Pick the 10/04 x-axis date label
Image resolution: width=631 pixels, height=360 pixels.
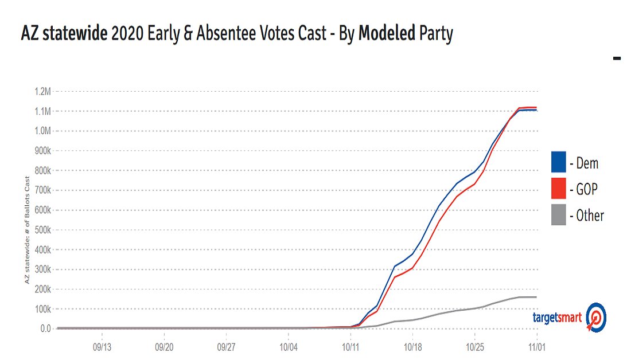click(289, 347)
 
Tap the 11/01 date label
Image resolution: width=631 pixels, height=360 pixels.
click(536, 347)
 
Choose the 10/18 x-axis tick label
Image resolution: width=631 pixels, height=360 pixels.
click(413, 347)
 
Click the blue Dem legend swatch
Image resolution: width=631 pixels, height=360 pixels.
click(558, 162)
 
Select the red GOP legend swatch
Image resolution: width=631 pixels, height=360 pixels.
click(558, 189)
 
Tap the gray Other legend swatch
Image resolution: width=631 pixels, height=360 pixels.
click(558, 215)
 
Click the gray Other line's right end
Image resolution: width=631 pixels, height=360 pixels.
click(536, 297)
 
